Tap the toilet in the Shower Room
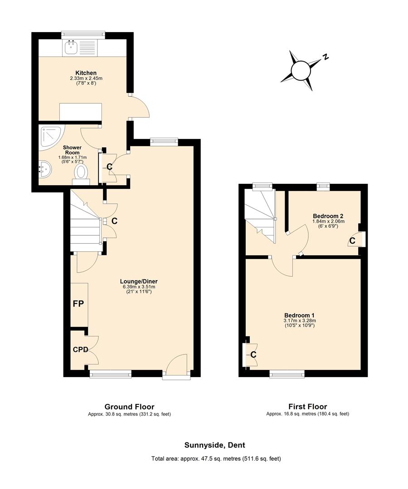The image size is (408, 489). (x=81, y=172)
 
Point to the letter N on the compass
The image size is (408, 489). (x=325, y=57)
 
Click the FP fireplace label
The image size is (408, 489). (x=78, y=304)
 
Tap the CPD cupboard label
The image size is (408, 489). (x=80, y=350)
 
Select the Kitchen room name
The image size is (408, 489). (x=86, y=73)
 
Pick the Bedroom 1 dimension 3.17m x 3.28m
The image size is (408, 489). (x=299, y=321)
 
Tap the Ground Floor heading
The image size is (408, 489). (x=129, y=407)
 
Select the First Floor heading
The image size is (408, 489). (x=307, y=407)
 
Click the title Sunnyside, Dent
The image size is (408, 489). (x=215, y=445)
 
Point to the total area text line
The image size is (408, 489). (x=216, y=459)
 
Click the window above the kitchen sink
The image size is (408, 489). (x=83, y=34)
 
